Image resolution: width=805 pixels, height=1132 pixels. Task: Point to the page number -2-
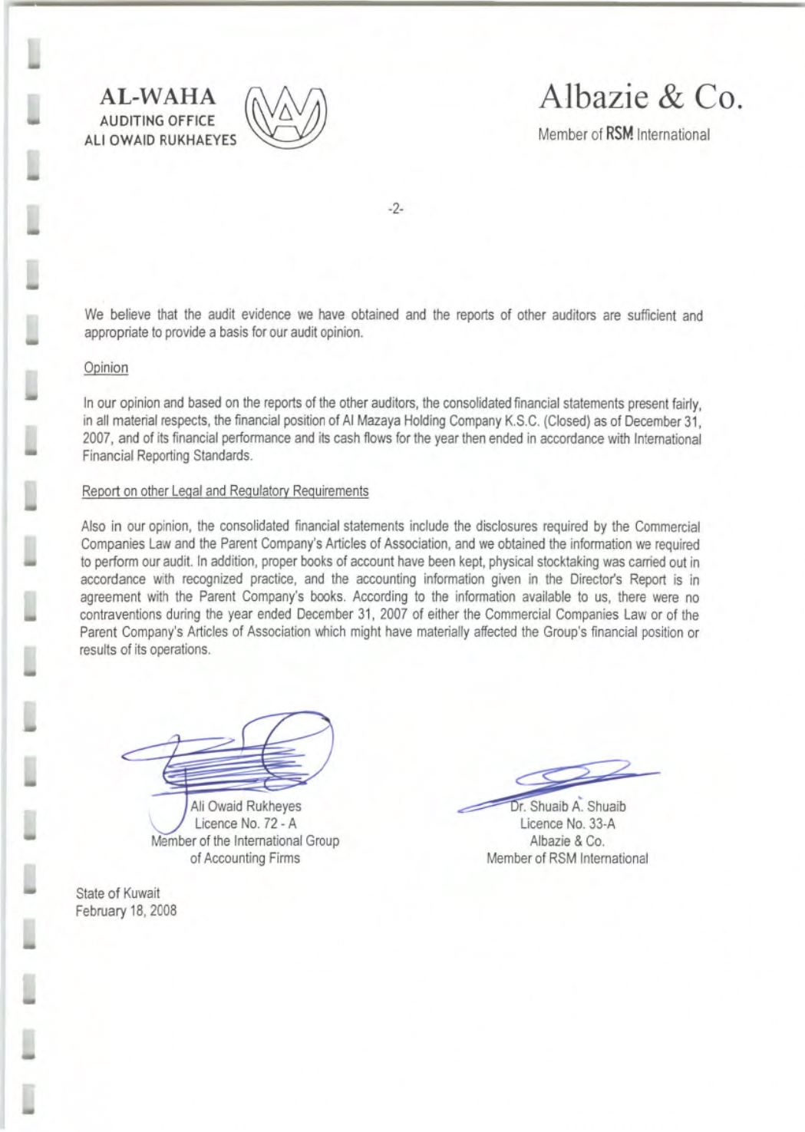[x=396, y=208]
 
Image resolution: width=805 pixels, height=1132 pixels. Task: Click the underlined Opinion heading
[x=106, y=368]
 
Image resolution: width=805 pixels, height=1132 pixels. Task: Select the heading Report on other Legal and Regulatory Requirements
[x=225, y=491]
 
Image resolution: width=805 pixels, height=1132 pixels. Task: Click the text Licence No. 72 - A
[x=245, y=823]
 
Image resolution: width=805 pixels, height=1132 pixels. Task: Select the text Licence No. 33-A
[x=567, y=824]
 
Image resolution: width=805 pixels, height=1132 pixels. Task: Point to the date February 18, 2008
[x=127, y=911]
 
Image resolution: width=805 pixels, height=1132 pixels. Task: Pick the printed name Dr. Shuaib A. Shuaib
[x=568, y=807]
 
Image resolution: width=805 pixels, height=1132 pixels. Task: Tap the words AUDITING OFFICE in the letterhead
[x=162, y=120]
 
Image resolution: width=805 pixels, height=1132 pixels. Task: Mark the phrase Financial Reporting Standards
[x=167, y=456]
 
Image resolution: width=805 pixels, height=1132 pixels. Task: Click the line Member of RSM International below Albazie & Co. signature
[x=567, y=858]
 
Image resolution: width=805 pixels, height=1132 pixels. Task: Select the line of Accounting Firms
[x=245, y=858]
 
